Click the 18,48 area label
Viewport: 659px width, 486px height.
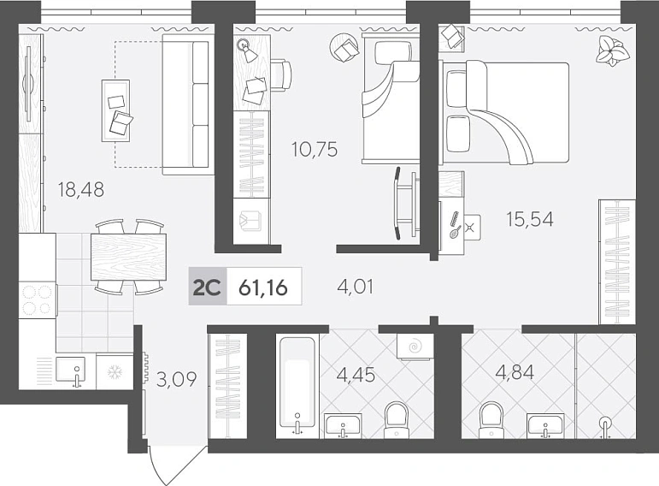[81, 189]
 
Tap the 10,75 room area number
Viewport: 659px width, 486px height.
[315, 150]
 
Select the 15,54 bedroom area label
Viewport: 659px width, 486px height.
[530, 219]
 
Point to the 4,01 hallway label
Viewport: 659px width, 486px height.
[356, 287]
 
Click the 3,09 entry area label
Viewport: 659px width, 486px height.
[177, 379]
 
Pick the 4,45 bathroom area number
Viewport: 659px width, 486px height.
[356, 375]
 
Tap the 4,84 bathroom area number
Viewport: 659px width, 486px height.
[515, 372]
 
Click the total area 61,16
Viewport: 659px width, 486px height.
[263, 287]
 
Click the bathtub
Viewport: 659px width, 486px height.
[297, 387]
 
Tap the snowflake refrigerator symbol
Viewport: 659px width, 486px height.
[115, 372]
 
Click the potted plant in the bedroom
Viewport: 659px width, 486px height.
[612, 51]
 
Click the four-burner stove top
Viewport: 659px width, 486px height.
[38, 300]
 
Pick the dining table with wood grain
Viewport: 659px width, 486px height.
[128, 257]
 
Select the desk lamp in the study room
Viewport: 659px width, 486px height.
[247, 50]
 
